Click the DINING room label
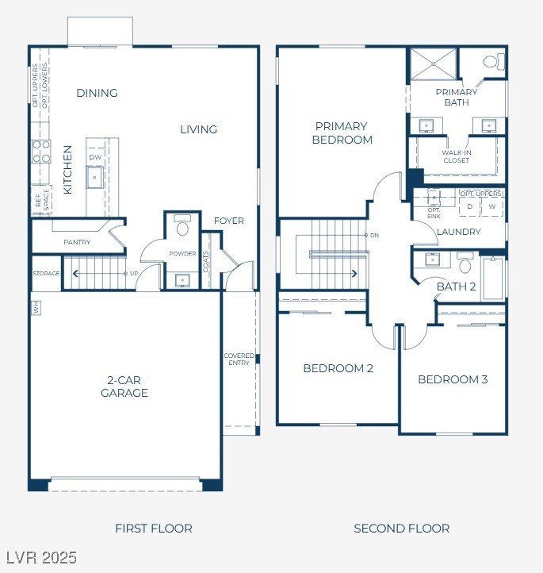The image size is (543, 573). pyautogui.click(x=97, y=93)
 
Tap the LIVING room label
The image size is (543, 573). pyautogui.click(x=198, y=129)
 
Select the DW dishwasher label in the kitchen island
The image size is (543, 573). pyautogui.click(x=95, y=157)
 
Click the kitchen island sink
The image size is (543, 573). pyautogui.click(x=94, y=177)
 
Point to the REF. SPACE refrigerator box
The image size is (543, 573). pyautogui.click(x=42, y=199)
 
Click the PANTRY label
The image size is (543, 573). pyautogui.click(x=77, y=242)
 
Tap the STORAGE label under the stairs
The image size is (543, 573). pyautogui.click(x=46, y=273)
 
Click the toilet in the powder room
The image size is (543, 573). pyautogui.click(x=182, y=225)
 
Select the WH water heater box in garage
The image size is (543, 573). pyautogui.click(x=36, y=308)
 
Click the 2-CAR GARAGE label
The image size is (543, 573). pyautogui.click(x=124, y=386)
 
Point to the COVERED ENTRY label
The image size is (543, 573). pyautogui.click(x=239, y=359)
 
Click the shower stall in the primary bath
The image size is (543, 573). pyautogui.click(x=433, y=64)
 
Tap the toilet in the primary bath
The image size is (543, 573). pyautogui.click(x=494, y=61)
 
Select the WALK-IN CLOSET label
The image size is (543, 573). pyautogui.click(x=456, y=156)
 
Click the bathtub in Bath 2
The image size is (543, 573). pyautogui.click(x=493, y=279)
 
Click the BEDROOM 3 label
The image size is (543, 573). pyautogui.click(x=453, y=379)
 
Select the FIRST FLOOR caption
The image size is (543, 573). pyautogui.click(x=154, y=529)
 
